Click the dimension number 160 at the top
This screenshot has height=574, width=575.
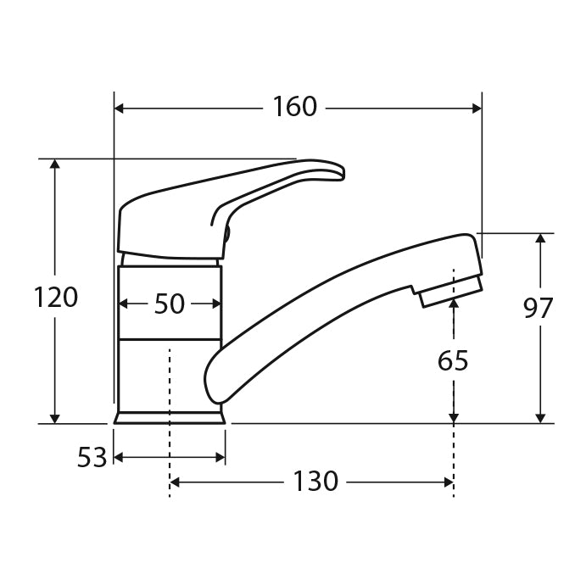(x=294, y=108)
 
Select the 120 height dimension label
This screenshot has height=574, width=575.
(x=55, y=298)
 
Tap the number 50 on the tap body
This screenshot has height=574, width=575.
(x=169, y=304)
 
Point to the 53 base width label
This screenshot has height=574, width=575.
(x=92, y=458)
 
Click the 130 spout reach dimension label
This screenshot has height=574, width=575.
(x=315, y=482)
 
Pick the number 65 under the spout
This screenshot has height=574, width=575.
(x=453, y=361)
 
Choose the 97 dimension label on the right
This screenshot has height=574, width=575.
(x=537, y=309)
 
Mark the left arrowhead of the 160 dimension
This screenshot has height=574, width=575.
(x=120, y=108)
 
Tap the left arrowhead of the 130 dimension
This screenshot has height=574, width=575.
(x=176, y=482)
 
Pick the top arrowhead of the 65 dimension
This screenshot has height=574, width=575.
(x=454, y=303)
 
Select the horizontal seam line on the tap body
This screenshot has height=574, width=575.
(x=170, y=340)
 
